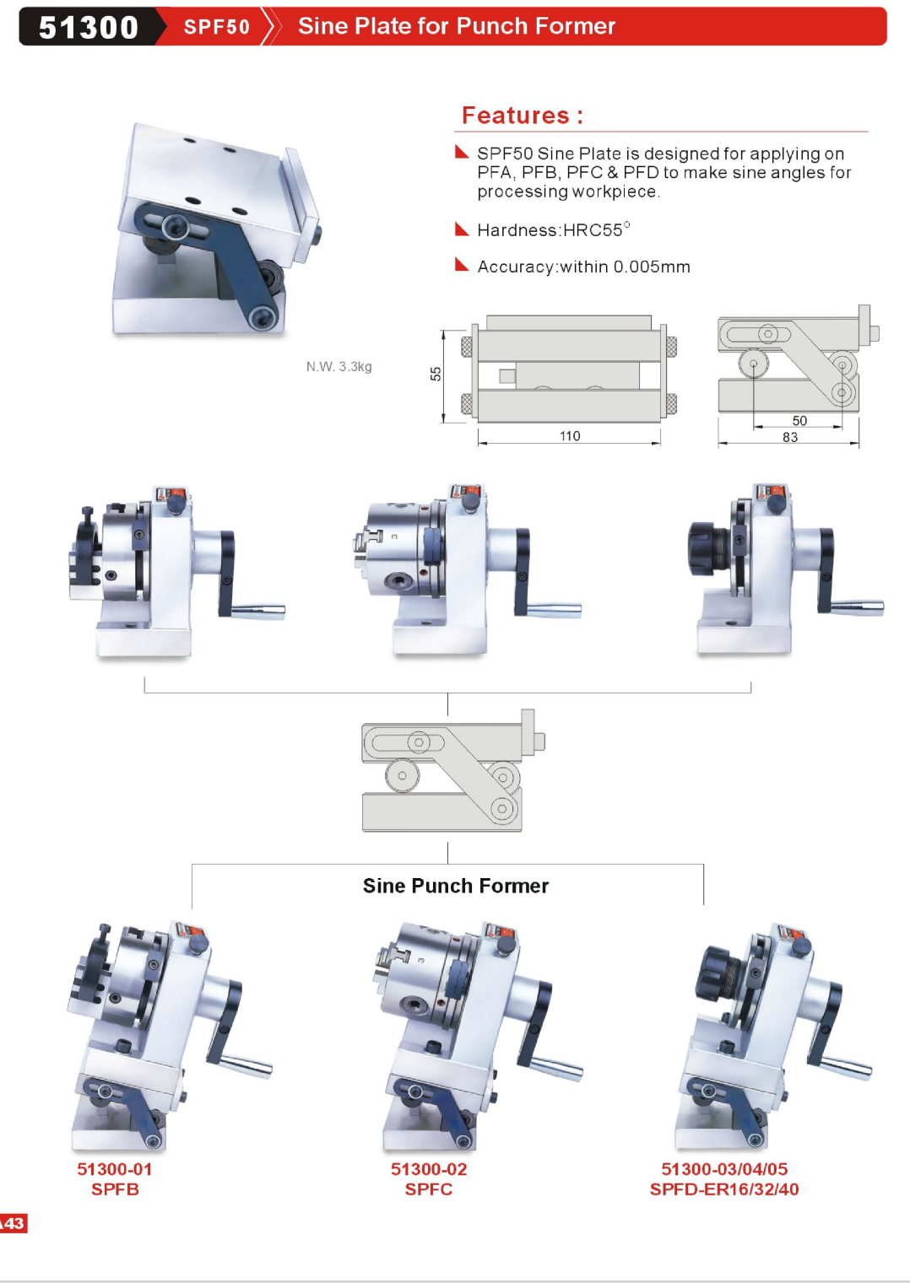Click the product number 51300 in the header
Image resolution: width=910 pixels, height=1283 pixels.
[89, 27]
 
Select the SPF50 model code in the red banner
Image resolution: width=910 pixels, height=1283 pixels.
[217, 27]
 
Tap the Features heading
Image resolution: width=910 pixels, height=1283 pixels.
[522, 115]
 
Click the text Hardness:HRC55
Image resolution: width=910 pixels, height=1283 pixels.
[553, 230]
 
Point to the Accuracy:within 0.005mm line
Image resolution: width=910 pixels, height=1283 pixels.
[583, 267]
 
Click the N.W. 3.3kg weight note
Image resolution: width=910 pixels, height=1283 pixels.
[339, 367]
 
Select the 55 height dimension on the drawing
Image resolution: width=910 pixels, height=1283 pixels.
[436, 374]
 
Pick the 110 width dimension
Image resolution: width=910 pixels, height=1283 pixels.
[570, 436]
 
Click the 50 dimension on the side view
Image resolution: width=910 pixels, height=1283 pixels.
[799, 421]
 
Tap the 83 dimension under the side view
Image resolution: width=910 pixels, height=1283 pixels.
[790, 438]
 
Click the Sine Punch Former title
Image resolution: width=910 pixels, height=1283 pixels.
[456, 886]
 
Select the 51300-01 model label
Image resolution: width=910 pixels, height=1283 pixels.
[115, 1169]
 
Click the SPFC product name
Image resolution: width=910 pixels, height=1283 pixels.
[429, 1189]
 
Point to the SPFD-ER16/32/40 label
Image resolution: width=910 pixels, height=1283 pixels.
[724, 1189]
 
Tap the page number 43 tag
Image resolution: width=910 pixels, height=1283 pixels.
[14, 1224]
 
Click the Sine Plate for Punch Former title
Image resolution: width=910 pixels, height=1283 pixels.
[456, 26]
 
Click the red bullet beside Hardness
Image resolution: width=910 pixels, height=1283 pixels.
[461, 229]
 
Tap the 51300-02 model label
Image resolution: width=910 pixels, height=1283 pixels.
[429, 1169]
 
